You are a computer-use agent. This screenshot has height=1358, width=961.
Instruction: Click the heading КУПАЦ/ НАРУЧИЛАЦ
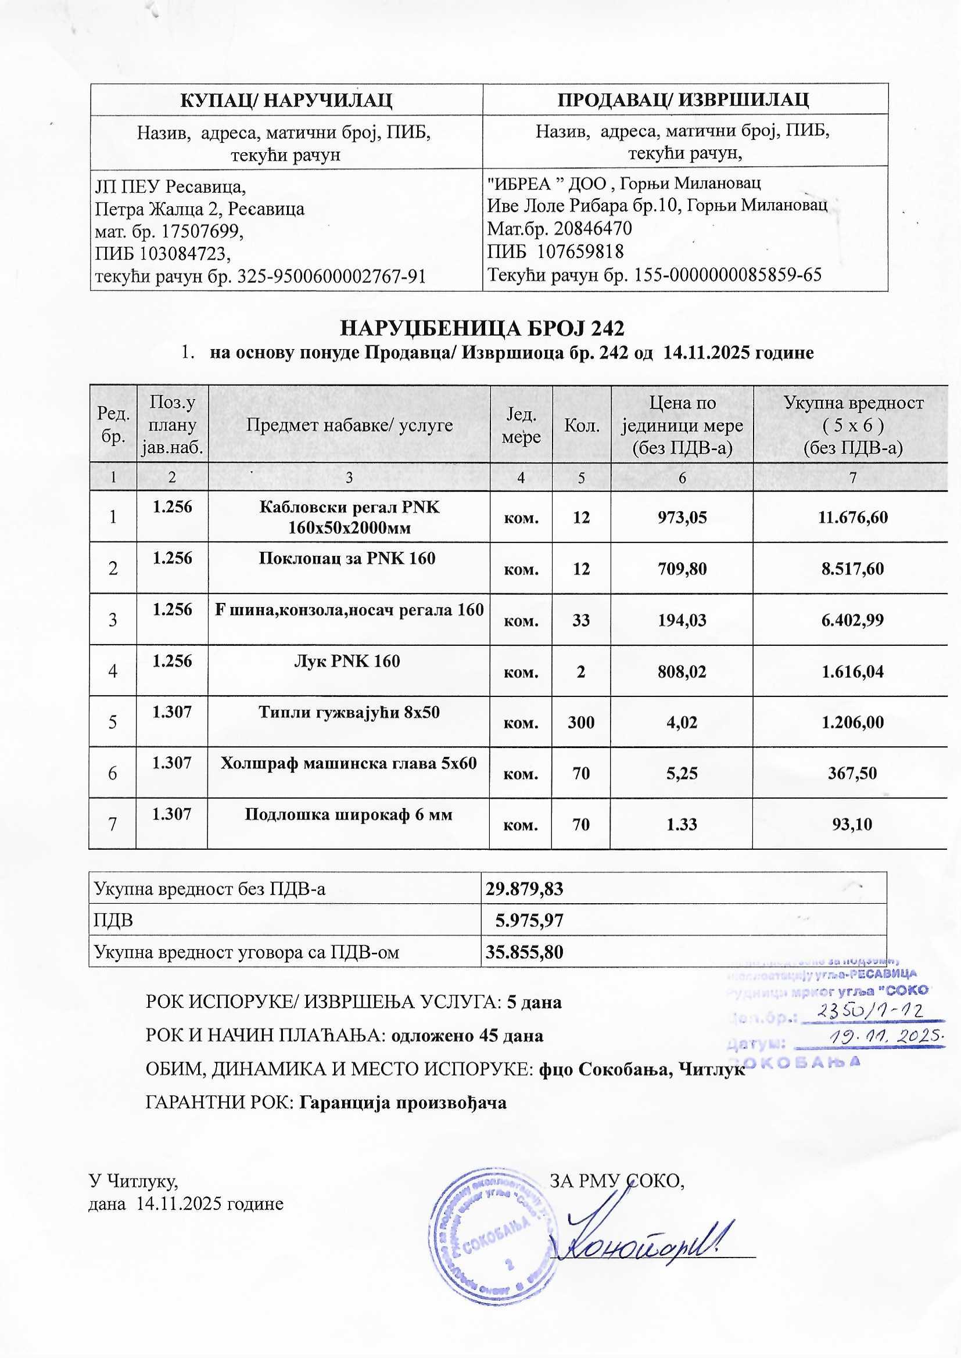click(286, 99)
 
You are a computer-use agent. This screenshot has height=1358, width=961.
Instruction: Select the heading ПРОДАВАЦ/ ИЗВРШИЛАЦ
click(684, 99)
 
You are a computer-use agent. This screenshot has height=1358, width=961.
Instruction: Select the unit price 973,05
click(682, 518)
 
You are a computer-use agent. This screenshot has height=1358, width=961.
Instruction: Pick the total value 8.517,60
click(852, 569)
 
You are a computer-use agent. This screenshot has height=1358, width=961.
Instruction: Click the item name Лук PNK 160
click(347, 660)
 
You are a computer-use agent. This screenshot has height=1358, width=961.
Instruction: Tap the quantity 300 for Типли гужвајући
click(581, 722)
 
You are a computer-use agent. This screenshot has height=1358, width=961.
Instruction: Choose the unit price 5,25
click(682, 773)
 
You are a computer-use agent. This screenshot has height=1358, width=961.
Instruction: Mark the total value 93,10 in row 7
click(852, 825)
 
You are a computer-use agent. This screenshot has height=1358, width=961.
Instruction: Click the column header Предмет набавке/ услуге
click(349, 425)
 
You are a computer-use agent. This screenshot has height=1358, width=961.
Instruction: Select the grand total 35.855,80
click(524, 951)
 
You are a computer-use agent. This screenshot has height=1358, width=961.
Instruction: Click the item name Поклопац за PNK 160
click(347, 558)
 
